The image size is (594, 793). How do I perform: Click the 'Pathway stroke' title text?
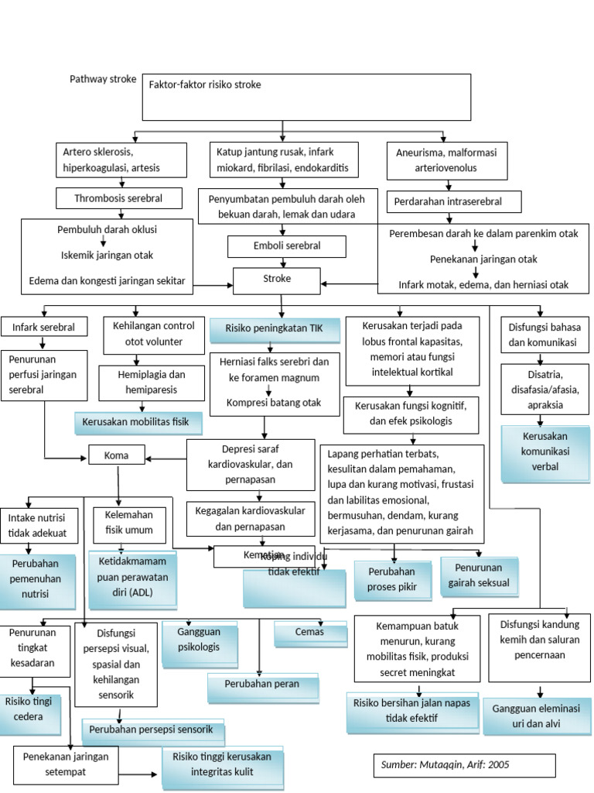pyautogui.click(x=103, y=79)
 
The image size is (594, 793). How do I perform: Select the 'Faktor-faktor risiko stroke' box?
pyautogui.click(x=306, y=97)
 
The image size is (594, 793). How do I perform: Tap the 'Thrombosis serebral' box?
pyautogui.click(x=119, y=198)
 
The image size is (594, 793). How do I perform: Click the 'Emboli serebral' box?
pyautogui.click(x=286, y=246)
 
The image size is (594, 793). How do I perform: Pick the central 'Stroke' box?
pyautogui.click(x=276, y=280)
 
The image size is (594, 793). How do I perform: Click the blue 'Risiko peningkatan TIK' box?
pyautogui.click(x=274, y=329)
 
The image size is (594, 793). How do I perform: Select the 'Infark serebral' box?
pyautogui.click(x=43, y=328)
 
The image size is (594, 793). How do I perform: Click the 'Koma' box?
pyautogui.click(x=116, y=455)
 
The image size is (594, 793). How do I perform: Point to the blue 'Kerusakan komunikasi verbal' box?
pyautogui.click(x=540, y=452)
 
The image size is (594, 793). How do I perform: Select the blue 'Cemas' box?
pyautogui.click(x=309, y=633)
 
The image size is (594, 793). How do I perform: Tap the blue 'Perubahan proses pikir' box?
pyautogui.click(x=392, y=579)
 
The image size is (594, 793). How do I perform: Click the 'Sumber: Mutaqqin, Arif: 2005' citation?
pyautogui.click(x=464, y=765)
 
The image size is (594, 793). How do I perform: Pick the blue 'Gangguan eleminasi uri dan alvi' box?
pyautogui.click(x=537, y=717)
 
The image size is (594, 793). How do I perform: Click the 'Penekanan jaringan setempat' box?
pyautogui.click(x=66, y=764)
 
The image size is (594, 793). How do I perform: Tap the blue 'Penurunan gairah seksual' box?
pyautogui.click(x=479, y=576)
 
